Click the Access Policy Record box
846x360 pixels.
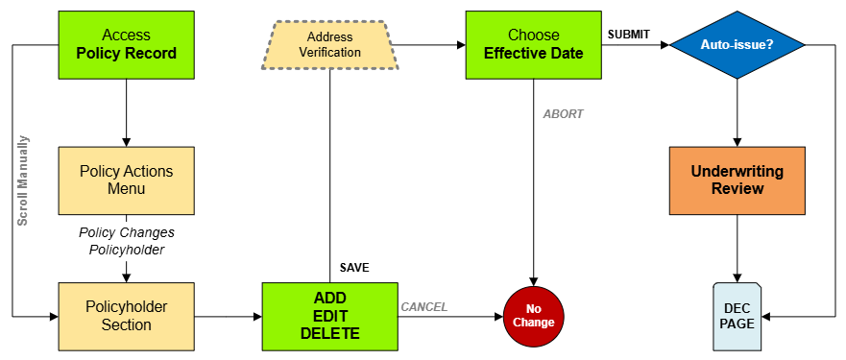[126, 44]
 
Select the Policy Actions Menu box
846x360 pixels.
[126, 180]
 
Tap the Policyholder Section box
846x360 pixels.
[126, 316]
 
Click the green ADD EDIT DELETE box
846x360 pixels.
[329, 316]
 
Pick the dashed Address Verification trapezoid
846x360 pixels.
[329, 44]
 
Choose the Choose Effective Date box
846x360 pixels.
[533, 44]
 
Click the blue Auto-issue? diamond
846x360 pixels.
[737, 44]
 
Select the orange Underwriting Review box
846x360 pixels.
[737, 180]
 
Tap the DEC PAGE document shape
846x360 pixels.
[737, 317]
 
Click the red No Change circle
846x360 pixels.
[533, 316]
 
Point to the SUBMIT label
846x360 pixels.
[628, 35]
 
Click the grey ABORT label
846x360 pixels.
[563, 113]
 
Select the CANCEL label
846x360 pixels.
[423, 307]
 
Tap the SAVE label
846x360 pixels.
[354, 267]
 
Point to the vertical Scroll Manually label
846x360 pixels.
[23, 180]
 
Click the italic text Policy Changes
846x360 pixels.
[126, 232]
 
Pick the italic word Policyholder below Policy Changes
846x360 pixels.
[126, 250]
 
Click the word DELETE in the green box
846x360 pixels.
[329, 334]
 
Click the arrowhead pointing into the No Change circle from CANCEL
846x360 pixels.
[498, 316]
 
